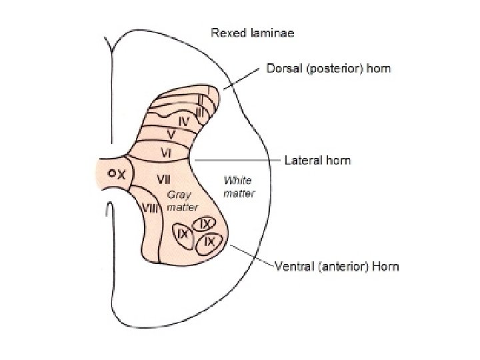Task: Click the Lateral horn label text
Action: (x=317, y=160)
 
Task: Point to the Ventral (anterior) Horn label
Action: (x=337, y=267)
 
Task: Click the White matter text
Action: (x=238, y=186)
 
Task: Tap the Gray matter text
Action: (x=179, y=201)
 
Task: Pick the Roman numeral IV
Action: (x=184, y=121)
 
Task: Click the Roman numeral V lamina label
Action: (x=171, y=135)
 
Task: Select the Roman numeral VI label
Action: (x=169, y=153)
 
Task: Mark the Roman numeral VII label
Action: (x=165, y=179)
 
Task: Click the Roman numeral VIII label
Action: (x=152, y=209)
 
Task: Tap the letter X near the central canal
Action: (x=120, y=173)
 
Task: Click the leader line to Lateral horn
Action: (x=233, y=161)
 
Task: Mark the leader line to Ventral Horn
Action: (x=251, y=257)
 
